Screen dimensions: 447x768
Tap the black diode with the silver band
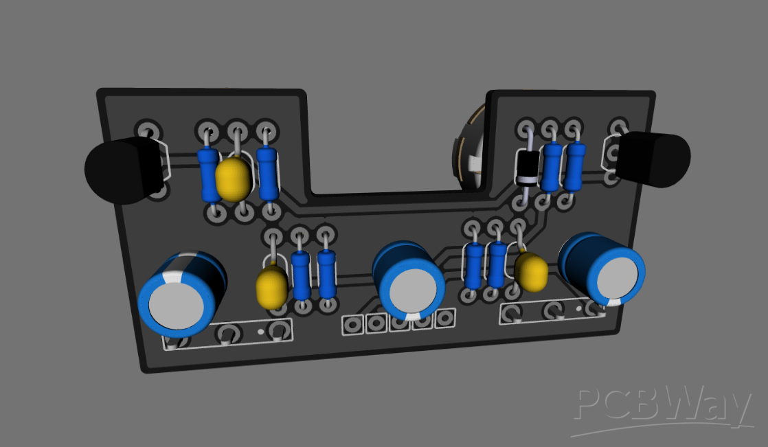coord(527,168)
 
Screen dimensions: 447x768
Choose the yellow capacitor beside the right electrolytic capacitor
coord(531,271)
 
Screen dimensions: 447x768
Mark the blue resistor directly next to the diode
coord(551,167)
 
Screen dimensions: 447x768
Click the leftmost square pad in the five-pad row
coord(352,324)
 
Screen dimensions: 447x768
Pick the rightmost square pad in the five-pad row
coord(445,317)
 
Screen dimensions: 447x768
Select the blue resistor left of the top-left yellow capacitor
coord(210,174)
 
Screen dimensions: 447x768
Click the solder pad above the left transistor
coord(148,130)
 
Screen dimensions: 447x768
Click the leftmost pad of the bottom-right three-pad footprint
coord(510,314)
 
